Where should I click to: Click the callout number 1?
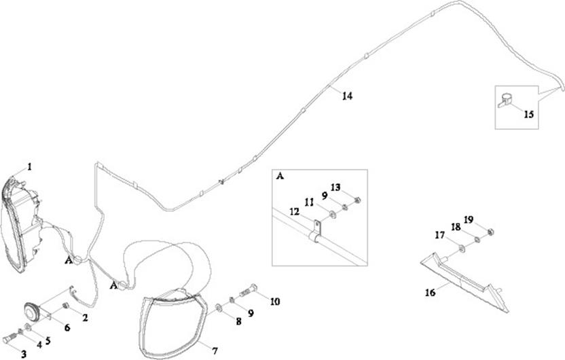(29, 166)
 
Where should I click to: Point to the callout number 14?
(347, 96)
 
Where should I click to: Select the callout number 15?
(528, 115)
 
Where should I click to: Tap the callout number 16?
(430, 293)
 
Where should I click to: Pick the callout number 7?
(215, 351)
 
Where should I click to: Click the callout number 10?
(275, 301)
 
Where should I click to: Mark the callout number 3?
(24, 354)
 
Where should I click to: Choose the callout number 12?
(293, 211)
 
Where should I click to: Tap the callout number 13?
(335, 187)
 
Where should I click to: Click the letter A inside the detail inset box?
(280, 175)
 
